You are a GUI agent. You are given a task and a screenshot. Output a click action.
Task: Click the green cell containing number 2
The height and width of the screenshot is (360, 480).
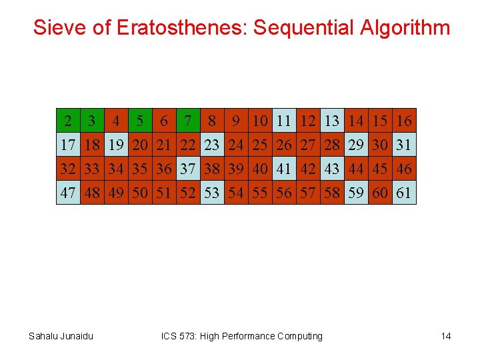68,121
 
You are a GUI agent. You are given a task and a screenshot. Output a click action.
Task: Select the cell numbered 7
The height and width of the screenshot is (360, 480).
188,121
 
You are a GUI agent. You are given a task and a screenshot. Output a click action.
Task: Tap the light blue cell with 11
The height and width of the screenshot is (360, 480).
284,121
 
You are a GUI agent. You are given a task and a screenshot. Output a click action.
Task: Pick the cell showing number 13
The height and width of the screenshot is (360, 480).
332,121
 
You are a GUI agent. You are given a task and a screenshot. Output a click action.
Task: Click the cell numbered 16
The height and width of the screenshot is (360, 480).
404,121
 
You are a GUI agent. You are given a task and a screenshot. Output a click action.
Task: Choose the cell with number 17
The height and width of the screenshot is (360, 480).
68,145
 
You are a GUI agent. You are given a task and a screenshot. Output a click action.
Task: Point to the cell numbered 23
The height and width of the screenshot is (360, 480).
212,145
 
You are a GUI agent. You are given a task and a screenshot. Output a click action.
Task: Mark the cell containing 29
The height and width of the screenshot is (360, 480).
356,145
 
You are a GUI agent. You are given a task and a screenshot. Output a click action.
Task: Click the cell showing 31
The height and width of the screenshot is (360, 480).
404,145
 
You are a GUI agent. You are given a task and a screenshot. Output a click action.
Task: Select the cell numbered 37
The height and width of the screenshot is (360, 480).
188,169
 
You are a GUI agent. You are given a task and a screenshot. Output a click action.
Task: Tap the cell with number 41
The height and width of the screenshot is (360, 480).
284,169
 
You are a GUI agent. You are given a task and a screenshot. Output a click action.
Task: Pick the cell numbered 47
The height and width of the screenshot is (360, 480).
68,193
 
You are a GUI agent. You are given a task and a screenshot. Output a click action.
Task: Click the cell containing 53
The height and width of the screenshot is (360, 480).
212,193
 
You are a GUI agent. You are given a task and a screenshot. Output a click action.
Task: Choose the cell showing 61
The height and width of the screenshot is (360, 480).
404,193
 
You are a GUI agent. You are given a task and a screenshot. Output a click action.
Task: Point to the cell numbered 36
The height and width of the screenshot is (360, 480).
164,169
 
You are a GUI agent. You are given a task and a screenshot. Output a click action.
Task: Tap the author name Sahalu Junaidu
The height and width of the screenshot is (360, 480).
61,336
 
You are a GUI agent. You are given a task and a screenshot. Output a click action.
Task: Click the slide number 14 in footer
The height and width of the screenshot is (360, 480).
446,336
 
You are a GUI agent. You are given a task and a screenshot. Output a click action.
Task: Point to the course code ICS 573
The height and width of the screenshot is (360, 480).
179,336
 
